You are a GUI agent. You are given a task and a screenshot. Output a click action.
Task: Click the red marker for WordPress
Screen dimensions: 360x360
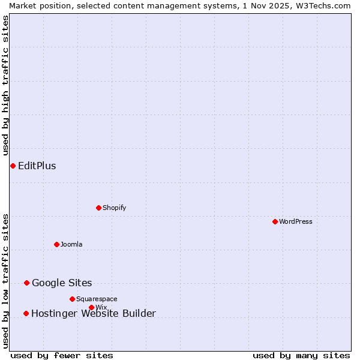275,221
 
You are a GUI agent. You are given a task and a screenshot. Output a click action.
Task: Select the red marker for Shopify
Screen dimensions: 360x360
98,208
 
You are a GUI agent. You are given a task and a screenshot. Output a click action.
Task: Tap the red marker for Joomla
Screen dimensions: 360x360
56,244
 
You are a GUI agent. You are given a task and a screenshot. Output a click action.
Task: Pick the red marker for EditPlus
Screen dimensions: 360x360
13,166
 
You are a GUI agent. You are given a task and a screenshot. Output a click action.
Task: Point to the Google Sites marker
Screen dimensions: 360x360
26,283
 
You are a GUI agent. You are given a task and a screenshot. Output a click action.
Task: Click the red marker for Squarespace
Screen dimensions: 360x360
72,299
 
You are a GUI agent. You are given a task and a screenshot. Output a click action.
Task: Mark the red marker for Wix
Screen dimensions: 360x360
91,307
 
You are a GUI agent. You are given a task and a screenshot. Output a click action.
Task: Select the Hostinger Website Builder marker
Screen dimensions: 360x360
26,313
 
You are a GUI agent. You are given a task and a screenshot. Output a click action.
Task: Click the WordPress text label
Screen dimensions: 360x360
296,221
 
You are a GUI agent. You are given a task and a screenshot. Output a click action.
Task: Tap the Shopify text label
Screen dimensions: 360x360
114,208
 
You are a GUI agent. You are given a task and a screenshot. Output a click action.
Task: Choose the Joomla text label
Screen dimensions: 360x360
71,244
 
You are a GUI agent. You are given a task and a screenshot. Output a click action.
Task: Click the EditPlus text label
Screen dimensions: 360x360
37,166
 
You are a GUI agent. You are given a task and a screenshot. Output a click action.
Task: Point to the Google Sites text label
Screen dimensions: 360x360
62,283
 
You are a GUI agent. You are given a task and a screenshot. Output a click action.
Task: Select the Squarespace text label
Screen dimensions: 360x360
97,299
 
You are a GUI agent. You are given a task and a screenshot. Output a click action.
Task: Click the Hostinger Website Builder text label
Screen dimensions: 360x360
93,314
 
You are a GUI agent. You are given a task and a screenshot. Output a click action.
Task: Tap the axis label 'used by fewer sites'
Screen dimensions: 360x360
62,355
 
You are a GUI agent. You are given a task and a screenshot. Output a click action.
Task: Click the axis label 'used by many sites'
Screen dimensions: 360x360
301,355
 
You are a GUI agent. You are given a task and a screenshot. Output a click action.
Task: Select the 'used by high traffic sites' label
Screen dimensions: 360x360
5,86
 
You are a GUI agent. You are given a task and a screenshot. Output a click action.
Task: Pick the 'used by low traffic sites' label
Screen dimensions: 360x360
5,281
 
